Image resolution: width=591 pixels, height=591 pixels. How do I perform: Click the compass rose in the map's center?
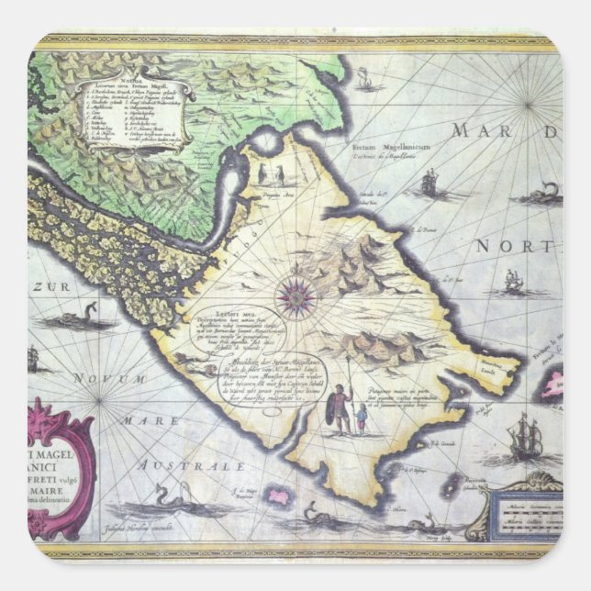[x=296, y=295]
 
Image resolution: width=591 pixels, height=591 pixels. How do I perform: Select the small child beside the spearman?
[x=362, y=421]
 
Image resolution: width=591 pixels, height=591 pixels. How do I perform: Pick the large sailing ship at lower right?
[x=525, y=438]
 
